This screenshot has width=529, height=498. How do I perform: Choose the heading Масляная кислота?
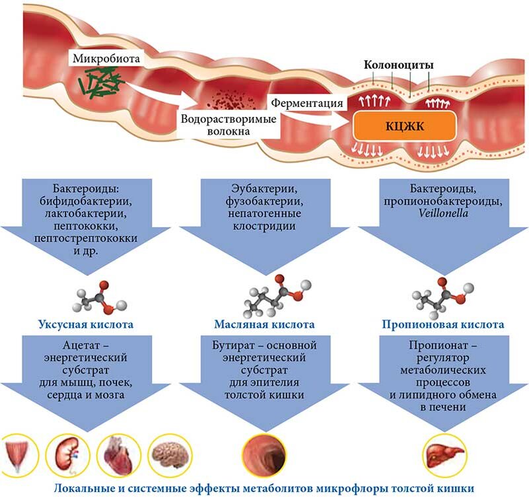pos(264,325)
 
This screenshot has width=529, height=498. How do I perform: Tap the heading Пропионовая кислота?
pos(443,325)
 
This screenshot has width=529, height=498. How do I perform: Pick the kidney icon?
pos(72,454)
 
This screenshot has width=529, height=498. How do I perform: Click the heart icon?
pos(120,454)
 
